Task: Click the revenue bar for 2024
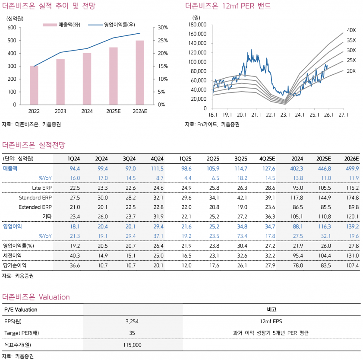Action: tap(87, 79)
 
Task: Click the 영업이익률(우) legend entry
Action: tap(114, 25)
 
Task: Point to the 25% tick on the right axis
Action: tap(163, 40)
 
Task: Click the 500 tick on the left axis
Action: tap(12, 40)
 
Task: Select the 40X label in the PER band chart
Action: tap(351, 30)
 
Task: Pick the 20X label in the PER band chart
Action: tap(351, 70)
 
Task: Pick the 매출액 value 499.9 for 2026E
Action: tap(353, 168)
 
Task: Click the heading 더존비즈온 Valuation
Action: tap(36, 297)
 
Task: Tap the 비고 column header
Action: tap(272, 309)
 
